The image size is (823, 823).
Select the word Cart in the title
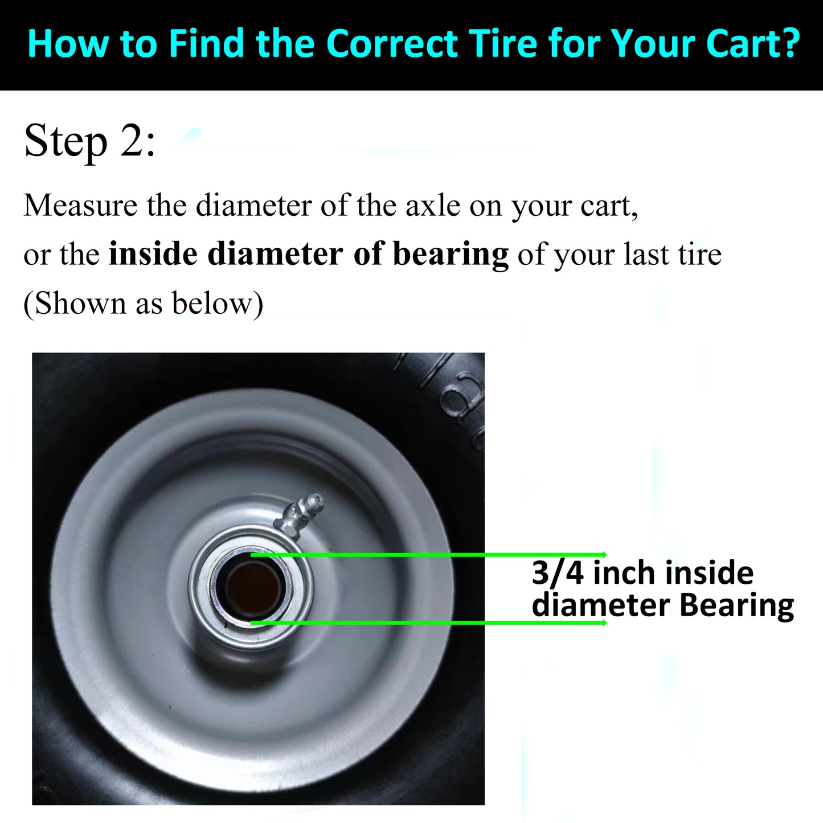[x=738, y=43]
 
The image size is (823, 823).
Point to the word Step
[x=65, y=143]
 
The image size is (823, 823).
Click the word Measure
[x=80, y=206]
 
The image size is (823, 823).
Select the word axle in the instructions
[x=433, y=206]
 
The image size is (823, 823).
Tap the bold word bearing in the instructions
[x=451, y=255]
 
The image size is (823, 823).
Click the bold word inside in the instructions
[x=153, y=253]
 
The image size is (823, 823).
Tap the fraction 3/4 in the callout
[x=558, y=573]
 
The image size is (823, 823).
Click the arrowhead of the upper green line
[x=604, y=555]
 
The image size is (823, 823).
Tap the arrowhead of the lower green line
[x=604, y=623]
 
